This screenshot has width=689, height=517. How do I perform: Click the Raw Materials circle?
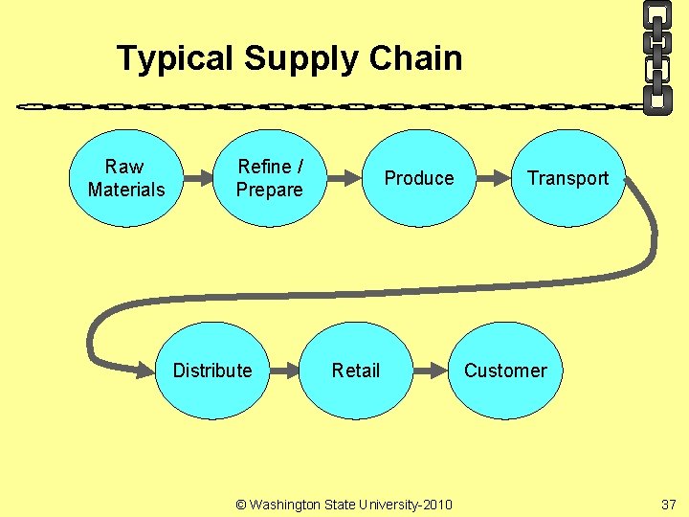pyautogui.click(x=125, y=178)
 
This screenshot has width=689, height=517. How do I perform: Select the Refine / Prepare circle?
pyautogui.click(x=269, y=178)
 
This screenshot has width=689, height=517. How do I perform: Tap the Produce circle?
pyautogui.click(x=419, y=178)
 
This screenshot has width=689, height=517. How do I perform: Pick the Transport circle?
pyautogui.click(x=567, y=178)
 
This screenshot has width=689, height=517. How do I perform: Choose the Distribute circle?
pyautogui.click(x=212, y=371)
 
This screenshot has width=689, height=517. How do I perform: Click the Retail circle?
pyautogui.click(x=356, y=371)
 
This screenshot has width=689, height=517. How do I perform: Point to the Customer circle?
pyautogui.click(x=505, y=371)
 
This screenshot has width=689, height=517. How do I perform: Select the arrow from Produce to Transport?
pyautogui.click(x=494, y=178)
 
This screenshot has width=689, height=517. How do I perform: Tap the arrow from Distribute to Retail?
pyautogui.click(x=283, y=371)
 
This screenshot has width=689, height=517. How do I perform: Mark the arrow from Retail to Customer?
pyautogui.click(x=431, y=371)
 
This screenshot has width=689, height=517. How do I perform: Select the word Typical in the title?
pyautogui.click(x=175, y=58)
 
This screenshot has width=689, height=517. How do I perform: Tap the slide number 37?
pyautogui.click(x=667, y=503)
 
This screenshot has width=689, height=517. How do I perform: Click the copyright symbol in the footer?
pyautogui.click(x=241, y=504)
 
